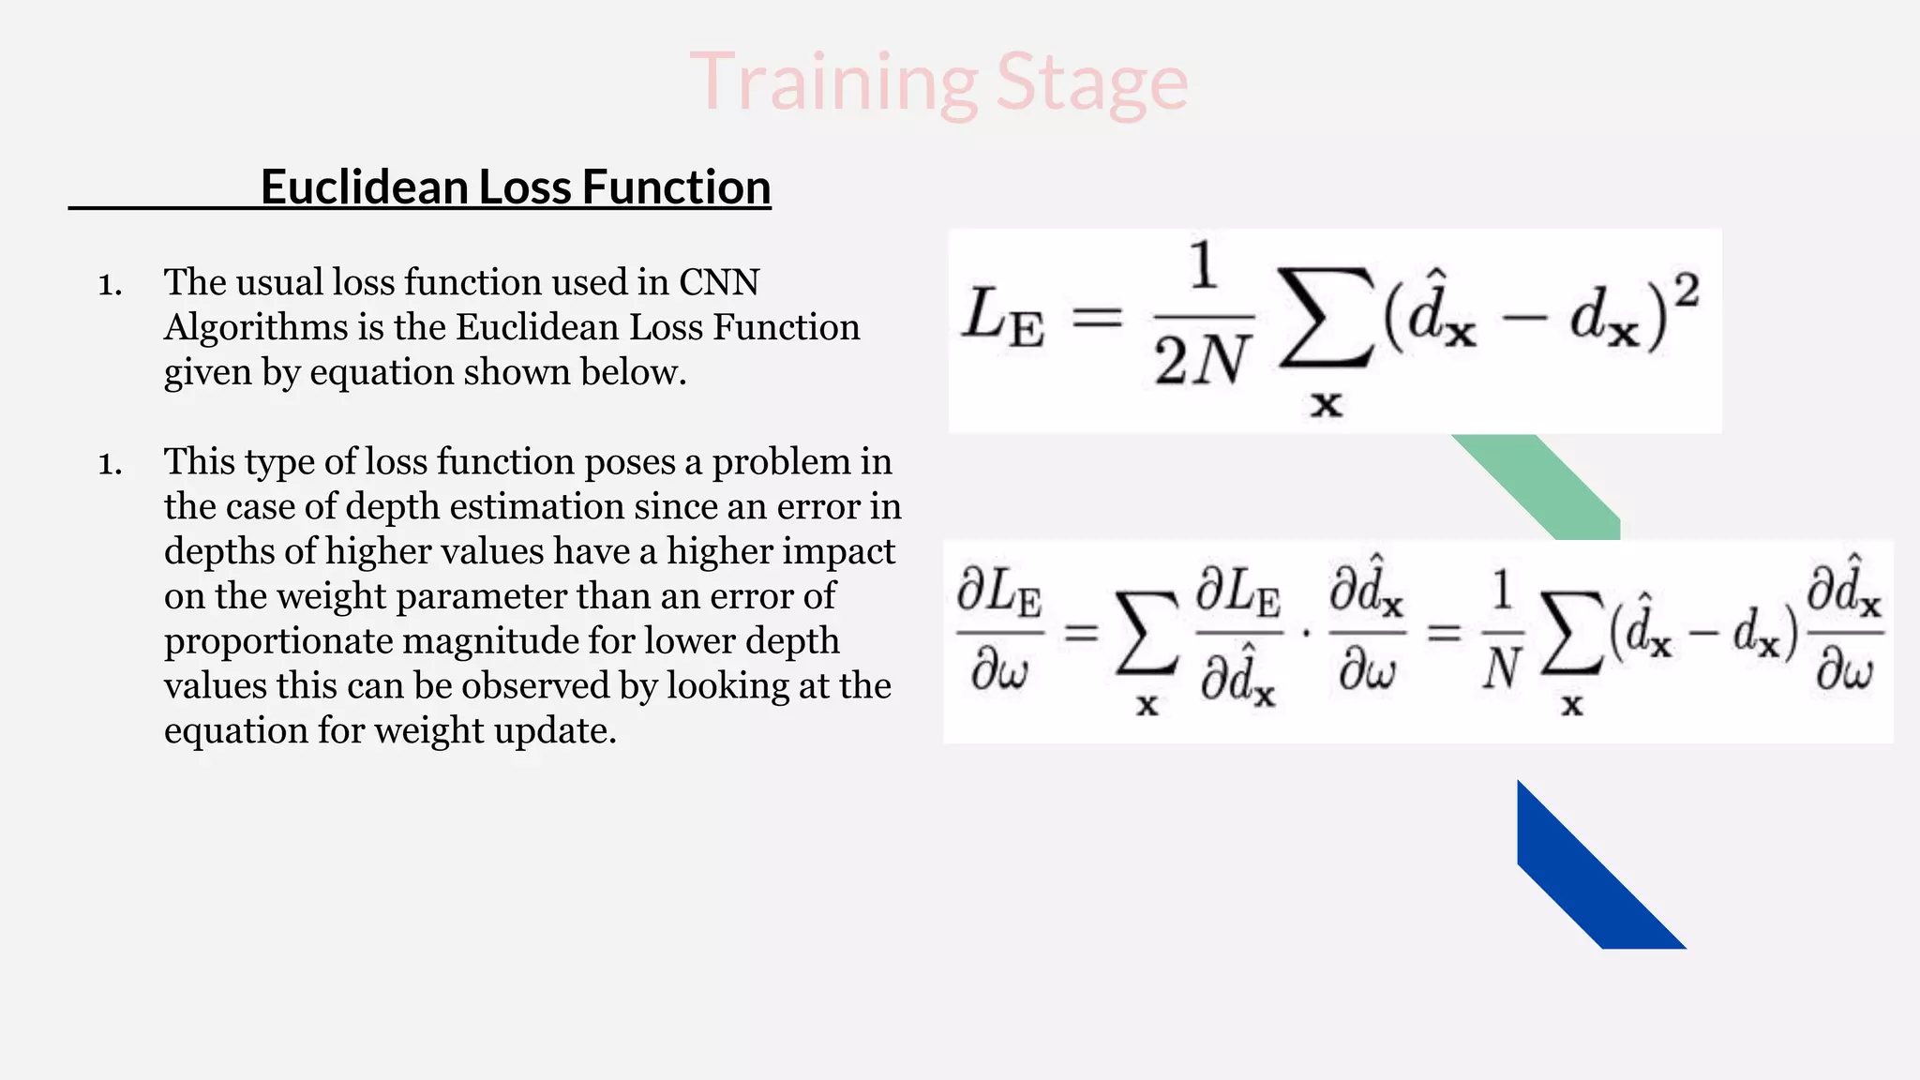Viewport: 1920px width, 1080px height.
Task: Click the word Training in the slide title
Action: [x=834, y=82]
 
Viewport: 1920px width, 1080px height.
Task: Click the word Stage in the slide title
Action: [x=1092, y=82]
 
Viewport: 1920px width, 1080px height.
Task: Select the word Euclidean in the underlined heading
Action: [x=364, y=187]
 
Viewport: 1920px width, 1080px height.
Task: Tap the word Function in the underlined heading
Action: [x=676, y=187]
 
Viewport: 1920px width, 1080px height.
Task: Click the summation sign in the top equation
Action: [x=1326, y=319]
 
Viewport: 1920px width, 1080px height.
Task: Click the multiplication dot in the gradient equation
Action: [x=1306, y=635]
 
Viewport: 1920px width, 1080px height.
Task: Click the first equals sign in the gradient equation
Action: [x=1081, y=635]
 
